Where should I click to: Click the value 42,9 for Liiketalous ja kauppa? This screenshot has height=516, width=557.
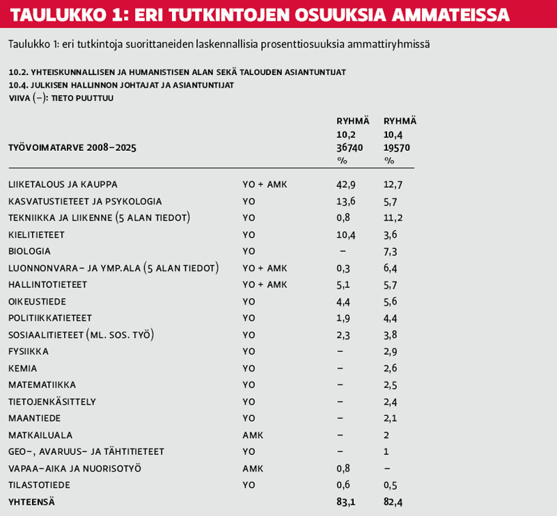tap(346, 184)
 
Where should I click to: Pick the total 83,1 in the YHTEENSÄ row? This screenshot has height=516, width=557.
tap(346, 501)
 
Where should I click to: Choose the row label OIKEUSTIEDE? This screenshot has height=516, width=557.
tap(36, 301)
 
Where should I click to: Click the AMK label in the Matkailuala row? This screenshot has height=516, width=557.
tap(253, 435)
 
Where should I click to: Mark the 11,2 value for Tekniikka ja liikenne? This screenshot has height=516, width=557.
tap(393, 218)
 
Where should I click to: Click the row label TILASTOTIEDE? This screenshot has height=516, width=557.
tap(39, 485)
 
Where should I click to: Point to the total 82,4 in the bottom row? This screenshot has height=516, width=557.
tap(393, 501)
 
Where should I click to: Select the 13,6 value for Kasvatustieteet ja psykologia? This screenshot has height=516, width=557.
tap(346, 201)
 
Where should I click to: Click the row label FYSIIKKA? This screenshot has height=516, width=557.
tap(29, 351)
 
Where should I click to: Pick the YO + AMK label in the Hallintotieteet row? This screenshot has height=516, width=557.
tap(265, 284)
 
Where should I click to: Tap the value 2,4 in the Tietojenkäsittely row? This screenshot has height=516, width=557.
tap(391, 401)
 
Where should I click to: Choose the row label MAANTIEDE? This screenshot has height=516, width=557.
tap(34, 418)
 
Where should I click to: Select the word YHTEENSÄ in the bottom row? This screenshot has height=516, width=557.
tap(31, 501)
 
